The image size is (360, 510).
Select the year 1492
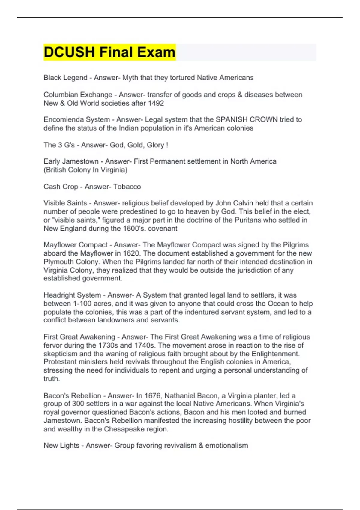tap(156, 103)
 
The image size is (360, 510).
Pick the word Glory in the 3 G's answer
tap(155, 145)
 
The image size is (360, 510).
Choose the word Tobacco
tap(127, 187)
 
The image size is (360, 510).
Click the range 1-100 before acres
tap(85, 304)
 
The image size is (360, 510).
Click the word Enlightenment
tap(275, 354)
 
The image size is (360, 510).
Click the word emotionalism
tap(226, 445)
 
